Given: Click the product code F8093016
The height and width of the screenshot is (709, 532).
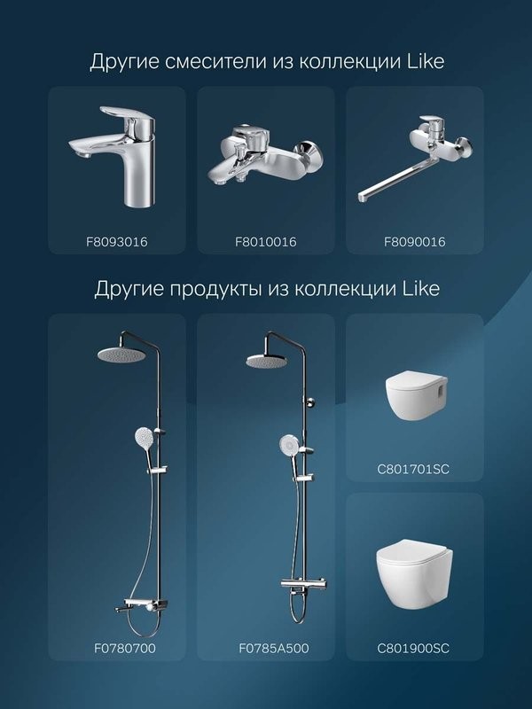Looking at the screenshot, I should [116, 241].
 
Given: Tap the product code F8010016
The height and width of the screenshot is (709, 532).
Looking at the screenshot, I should [266, 241].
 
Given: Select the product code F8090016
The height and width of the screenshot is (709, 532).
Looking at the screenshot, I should [415, 241].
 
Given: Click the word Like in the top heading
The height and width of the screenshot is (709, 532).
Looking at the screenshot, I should [423, 62].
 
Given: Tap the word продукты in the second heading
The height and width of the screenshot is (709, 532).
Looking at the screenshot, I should [210, 290].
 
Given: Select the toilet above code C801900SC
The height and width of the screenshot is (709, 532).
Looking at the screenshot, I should [414, 572].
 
